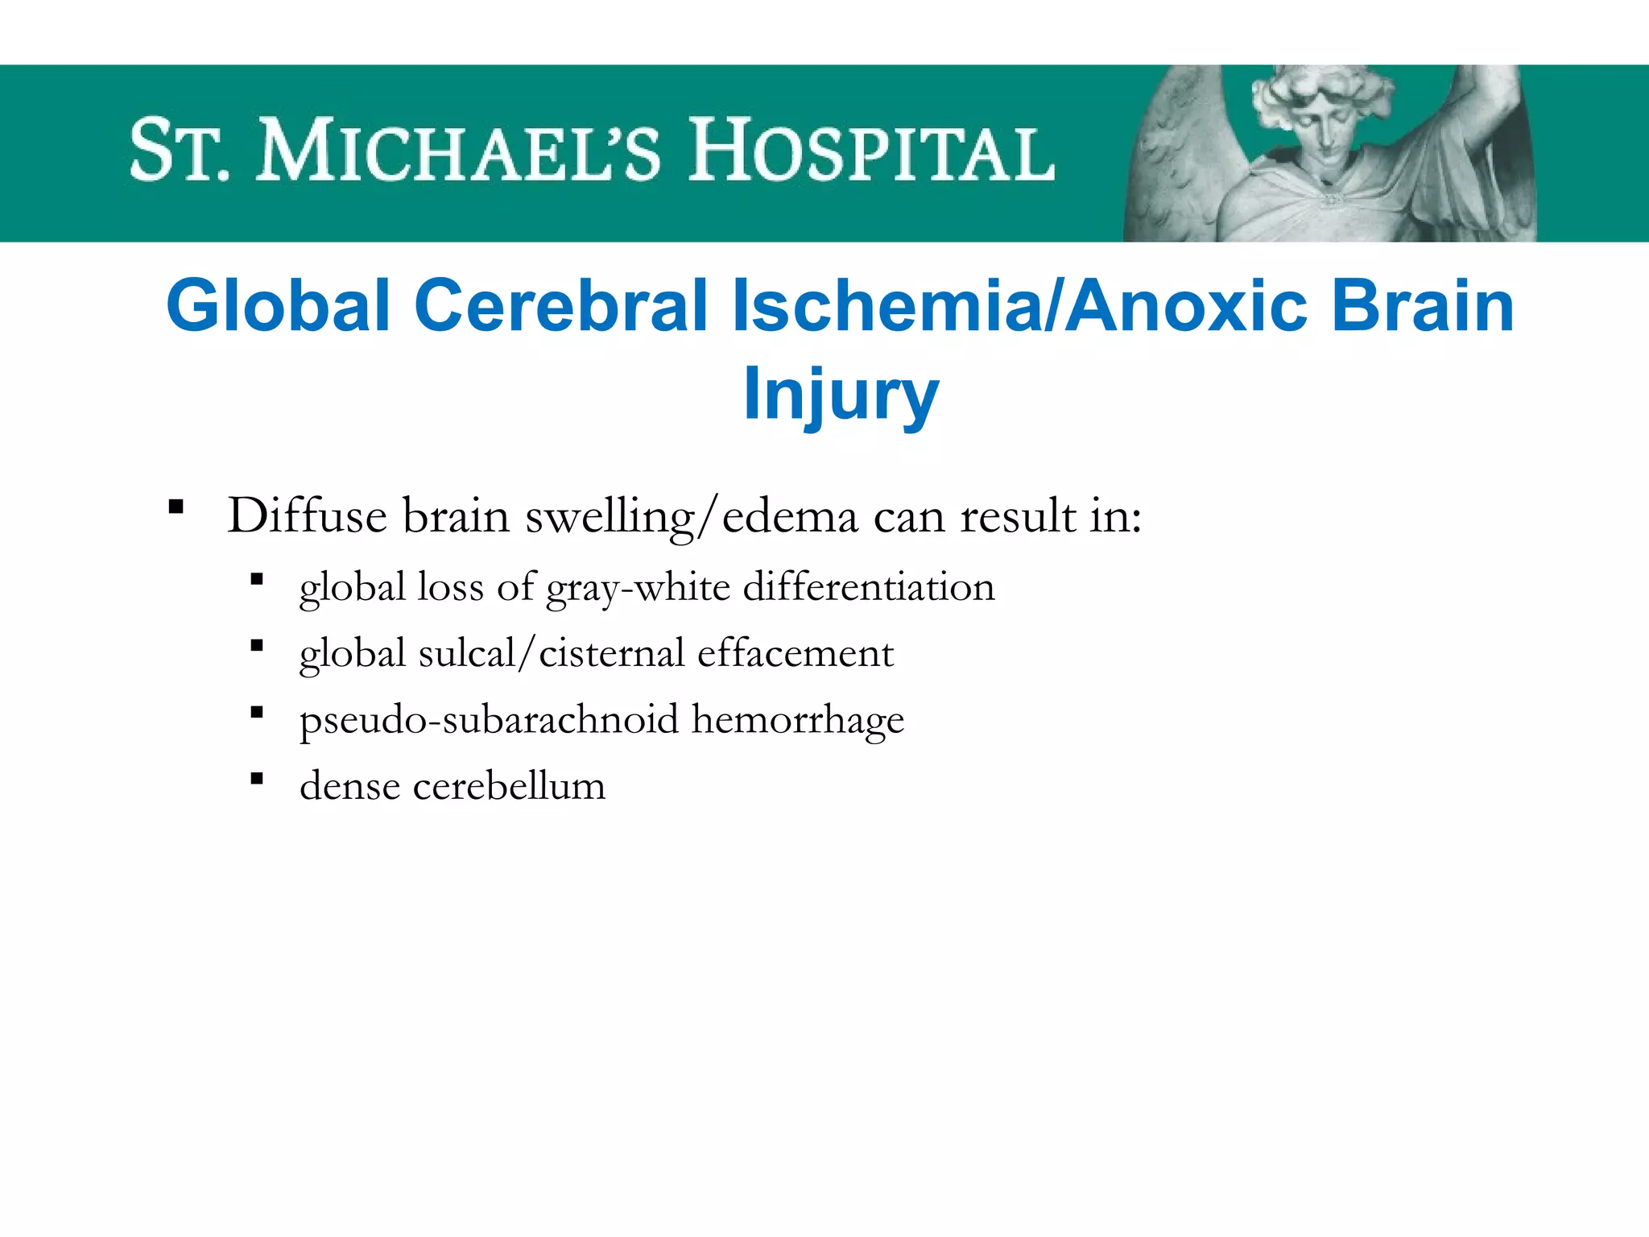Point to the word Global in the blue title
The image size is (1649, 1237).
tap(279, 306)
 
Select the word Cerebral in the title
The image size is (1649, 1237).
tap(560, 306)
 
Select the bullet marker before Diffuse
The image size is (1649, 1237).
tap(176, 508)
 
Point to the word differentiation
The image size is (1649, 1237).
tap(869, 586)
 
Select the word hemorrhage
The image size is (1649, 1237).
tap(798, 720)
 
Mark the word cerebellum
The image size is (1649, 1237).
tap(509, 786)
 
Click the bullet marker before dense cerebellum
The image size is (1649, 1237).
tap(257, 779)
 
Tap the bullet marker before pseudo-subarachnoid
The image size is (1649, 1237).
tap(257, 712)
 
